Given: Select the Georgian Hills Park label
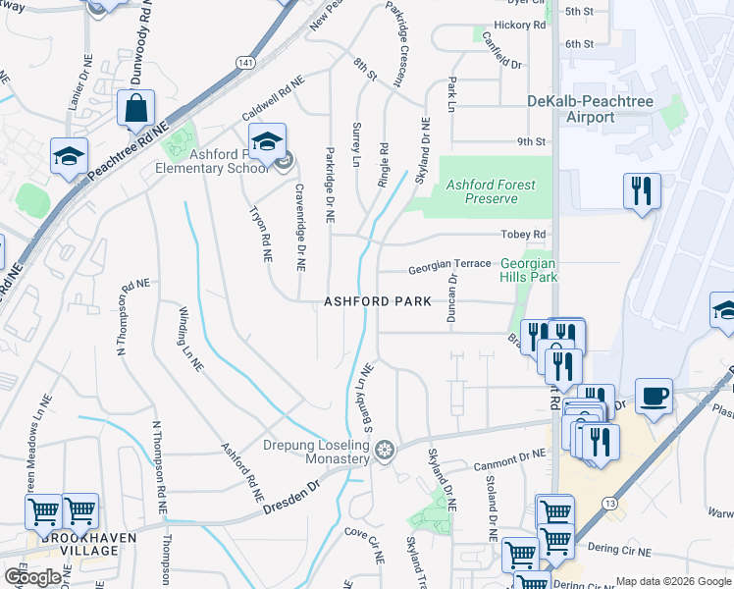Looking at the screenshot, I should coord(528,270).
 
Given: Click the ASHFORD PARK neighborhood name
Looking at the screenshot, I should coord(378,302).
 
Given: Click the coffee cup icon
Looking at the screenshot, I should coord(655,396).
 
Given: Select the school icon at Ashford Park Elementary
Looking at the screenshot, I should coord(267,141).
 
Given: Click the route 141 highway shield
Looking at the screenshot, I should coord(243,62).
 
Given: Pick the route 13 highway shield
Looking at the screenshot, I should coord(611,504).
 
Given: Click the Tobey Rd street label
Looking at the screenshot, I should coord(522,235).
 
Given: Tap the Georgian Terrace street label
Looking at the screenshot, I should coord(449,266).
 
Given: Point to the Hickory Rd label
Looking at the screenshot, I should coord(520,26).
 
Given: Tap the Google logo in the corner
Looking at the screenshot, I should coord(33,576).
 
